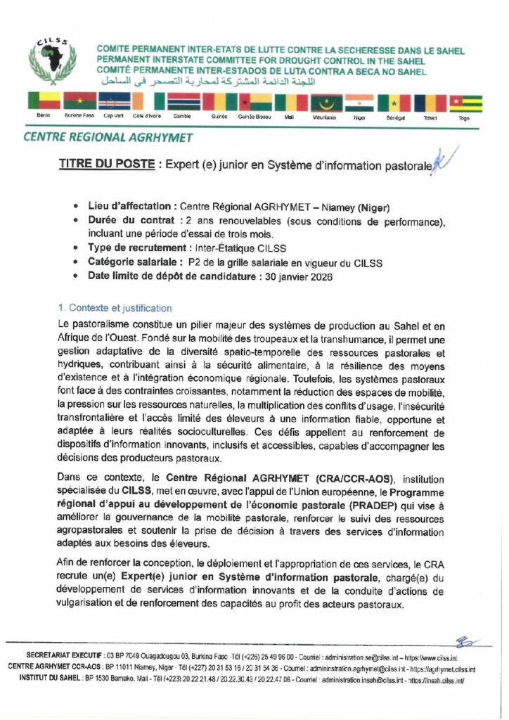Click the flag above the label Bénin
click(x=44, y=103)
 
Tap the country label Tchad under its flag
click(x=431, y=118)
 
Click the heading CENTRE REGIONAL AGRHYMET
click(x=108, y=138)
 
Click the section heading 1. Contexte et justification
click(x=115, y=308)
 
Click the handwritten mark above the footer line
click(x=465, y=642)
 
